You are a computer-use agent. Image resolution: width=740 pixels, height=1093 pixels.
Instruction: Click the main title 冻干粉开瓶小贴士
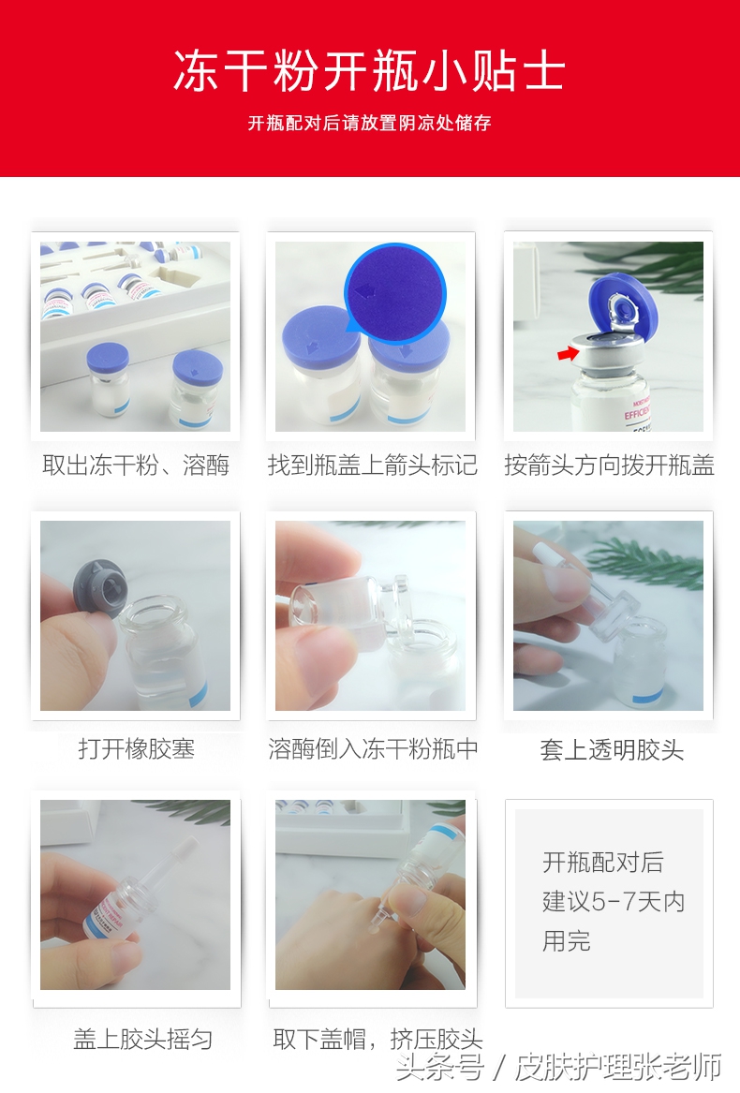pyautogui.click(x=369, y=73)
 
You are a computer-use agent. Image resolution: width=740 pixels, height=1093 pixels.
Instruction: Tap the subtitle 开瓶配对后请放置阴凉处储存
pyautogui.click(x=369, y=124)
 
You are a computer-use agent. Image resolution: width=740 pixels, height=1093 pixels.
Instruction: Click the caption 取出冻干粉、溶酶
pyautogui.click(x=136, y=465)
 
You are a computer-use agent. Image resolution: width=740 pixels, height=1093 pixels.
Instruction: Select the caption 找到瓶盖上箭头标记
pyautogui.click(x=372, y=465)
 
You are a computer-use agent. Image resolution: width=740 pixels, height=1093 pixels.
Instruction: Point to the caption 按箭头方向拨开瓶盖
pyautogui.click(x=609, y=465)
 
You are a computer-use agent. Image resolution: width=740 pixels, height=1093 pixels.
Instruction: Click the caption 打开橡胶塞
pyautogui.click(x=136, y=749)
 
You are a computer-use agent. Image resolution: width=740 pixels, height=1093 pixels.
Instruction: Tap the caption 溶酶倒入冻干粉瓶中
pyautogui.click(x=373, y=749)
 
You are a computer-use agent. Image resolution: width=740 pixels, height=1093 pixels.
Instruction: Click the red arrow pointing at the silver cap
pyautogui.click(x=566, y=353)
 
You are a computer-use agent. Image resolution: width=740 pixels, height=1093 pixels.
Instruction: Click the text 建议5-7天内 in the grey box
pyautogui.click(x=614, y=902)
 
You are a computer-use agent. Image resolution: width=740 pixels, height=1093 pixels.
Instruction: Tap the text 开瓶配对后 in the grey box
pyautogui.click(x=602, y=863)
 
